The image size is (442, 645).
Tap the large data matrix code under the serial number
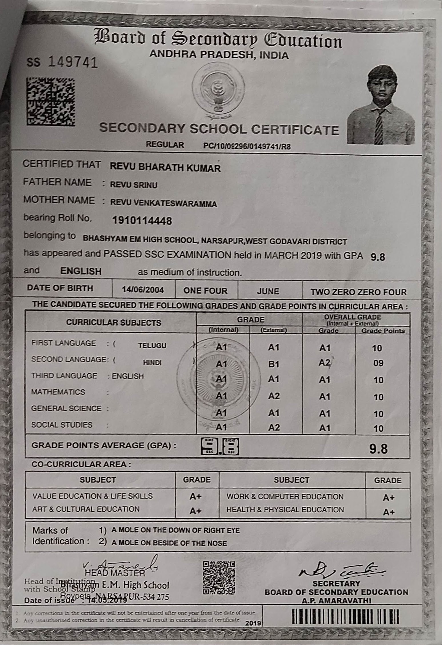pyautogui.click(x=51, y=102)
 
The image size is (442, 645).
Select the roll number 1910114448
pyautogui.click(x=142, y=220)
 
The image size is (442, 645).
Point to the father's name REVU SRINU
pyautogui.click(x=134, y=185)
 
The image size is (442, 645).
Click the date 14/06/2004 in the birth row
pyautogui.click(x=143, y=290)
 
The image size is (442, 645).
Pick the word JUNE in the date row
pyautogui.click(x=268, y=291)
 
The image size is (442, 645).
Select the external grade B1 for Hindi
pyautogui.click(x=273, y=364)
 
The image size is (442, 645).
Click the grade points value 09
pyautogui.click(x=378, y=363)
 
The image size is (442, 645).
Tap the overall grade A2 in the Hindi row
pyautogui.click(x=325, y=363)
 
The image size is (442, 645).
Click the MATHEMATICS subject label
pyautogui.click(x=58, y=392)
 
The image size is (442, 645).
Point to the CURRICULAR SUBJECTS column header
pyautogui.click(x=114, y=323)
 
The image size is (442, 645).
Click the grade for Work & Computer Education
pyautogui.click(x=389, y=498)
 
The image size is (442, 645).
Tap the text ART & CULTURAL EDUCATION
pyautogui.click(x=86, y=509)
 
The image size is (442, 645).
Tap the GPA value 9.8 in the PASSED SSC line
pyautogui.click(x=377, y=257)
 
